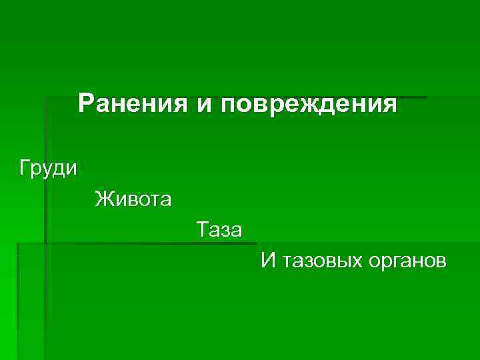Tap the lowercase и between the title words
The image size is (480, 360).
point(204,105)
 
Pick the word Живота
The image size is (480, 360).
point(133,199)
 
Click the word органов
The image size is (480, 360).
point(407,261)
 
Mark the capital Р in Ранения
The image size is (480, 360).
point(86,104)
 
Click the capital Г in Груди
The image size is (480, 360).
point(25,167)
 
